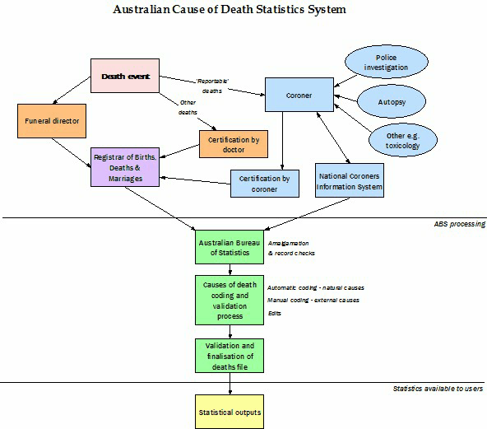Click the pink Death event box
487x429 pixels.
coord(123,76)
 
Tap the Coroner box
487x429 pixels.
coord(299,95)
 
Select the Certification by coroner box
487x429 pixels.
coord(265,183)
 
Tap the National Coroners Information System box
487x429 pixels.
coord(350,180)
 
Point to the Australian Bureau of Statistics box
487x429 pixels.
coord(229,246)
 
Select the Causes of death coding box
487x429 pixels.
coord(230,299)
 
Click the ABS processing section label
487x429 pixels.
coord(459,224)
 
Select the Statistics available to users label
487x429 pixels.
coord(438,388)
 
